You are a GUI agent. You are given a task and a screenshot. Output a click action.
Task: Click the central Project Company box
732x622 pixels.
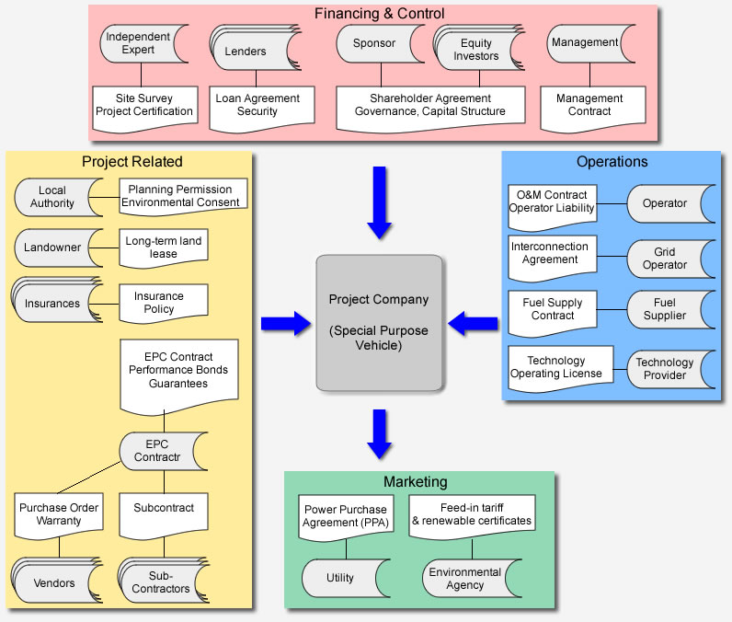click(x=379, y=321)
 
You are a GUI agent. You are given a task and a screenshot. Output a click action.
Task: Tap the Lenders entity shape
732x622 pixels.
click(x=246, y=52)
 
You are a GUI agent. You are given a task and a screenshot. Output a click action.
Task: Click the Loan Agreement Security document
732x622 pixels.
click(x=257, y=106)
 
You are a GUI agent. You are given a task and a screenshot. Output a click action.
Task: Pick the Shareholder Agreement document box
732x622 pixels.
click(x=429, y=106)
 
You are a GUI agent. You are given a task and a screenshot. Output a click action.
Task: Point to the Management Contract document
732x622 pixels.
click(x=589, y=106)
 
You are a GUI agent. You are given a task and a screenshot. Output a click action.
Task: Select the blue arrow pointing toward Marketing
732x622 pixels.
click(x=379, y=433)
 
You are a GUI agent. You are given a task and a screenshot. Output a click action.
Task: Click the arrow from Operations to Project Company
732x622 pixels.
click(x=473, y=323)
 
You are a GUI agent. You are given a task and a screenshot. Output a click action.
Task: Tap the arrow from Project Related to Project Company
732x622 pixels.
click(x=286, y=323)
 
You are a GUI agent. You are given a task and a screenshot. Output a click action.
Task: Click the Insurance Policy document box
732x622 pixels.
click(x=159, y=302)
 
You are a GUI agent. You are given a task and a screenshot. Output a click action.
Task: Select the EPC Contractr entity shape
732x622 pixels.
click(x=157, y=451)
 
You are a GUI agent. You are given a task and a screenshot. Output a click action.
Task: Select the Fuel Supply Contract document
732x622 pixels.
click(x=553, y=310)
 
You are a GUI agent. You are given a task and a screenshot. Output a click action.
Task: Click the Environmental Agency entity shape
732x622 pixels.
click(x=464, y=578)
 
